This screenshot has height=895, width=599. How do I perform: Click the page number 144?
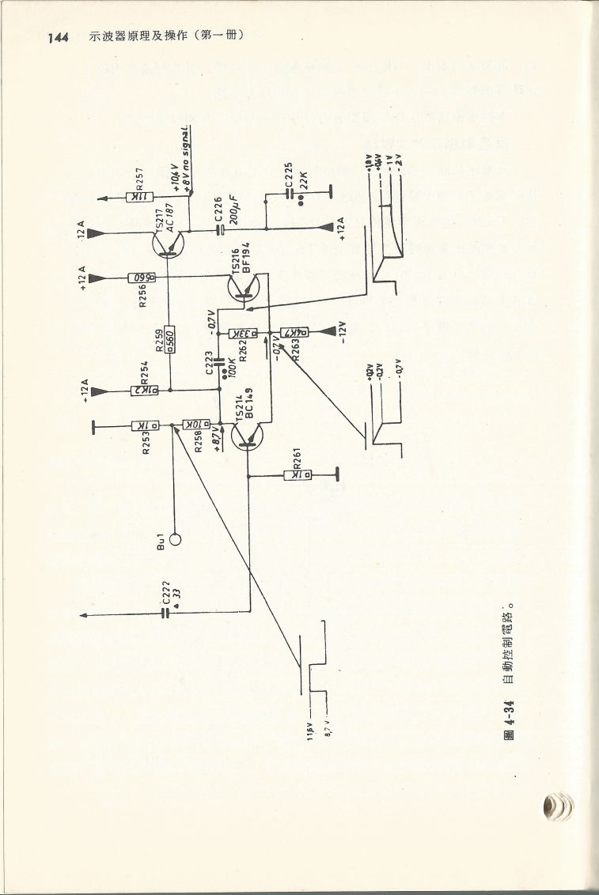click(59, 37)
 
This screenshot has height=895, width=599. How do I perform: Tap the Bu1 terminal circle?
click(175, 539)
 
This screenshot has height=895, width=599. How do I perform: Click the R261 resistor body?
click(298, 475)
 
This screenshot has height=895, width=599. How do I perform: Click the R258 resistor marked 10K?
click(195, 425)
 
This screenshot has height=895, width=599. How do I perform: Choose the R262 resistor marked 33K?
click(245, 333)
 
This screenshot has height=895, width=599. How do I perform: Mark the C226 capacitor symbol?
click(219, 231)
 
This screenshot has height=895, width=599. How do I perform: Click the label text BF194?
click(246, 258)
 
